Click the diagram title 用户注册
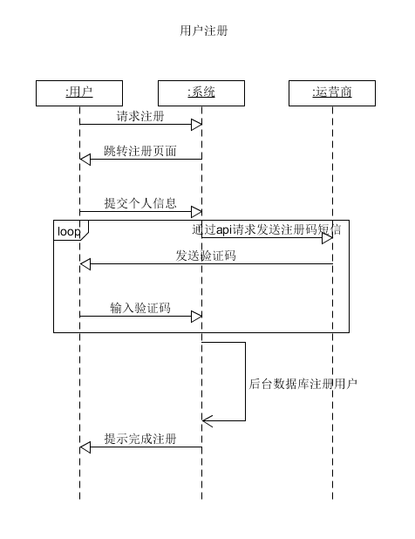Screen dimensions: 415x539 point(204,31)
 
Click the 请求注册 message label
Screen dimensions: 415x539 point(140,116)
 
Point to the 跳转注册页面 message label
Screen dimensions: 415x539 point(140,151)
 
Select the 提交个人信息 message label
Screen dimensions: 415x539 point(140,203)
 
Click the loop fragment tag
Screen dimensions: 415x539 point(69,231)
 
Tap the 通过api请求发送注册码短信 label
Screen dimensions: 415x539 point(267,229)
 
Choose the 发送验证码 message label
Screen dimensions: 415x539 point(206,256)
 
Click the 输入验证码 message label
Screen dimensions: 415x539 point(140,308)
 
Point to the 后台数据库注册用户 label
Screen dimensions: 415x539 point(303,384)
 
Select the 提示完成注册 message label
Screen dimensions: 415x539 point(140,439)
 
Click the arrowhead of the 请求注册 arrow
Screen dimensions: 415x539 point(196,125)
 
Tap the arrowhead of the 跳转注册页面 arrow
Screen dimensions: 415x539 point(85,159)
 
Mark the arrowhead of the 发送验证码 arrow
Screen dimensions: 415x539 point(85,264)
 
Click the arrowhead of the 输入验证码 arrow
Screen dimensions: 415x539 point(196,317)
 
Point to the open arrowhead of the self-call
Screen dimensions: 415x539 point(207,420)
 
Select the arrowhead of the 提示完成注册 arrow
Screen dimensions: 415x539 point(85,447)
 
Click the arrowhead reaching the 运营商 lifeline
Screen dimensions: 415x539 point(328,238)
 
